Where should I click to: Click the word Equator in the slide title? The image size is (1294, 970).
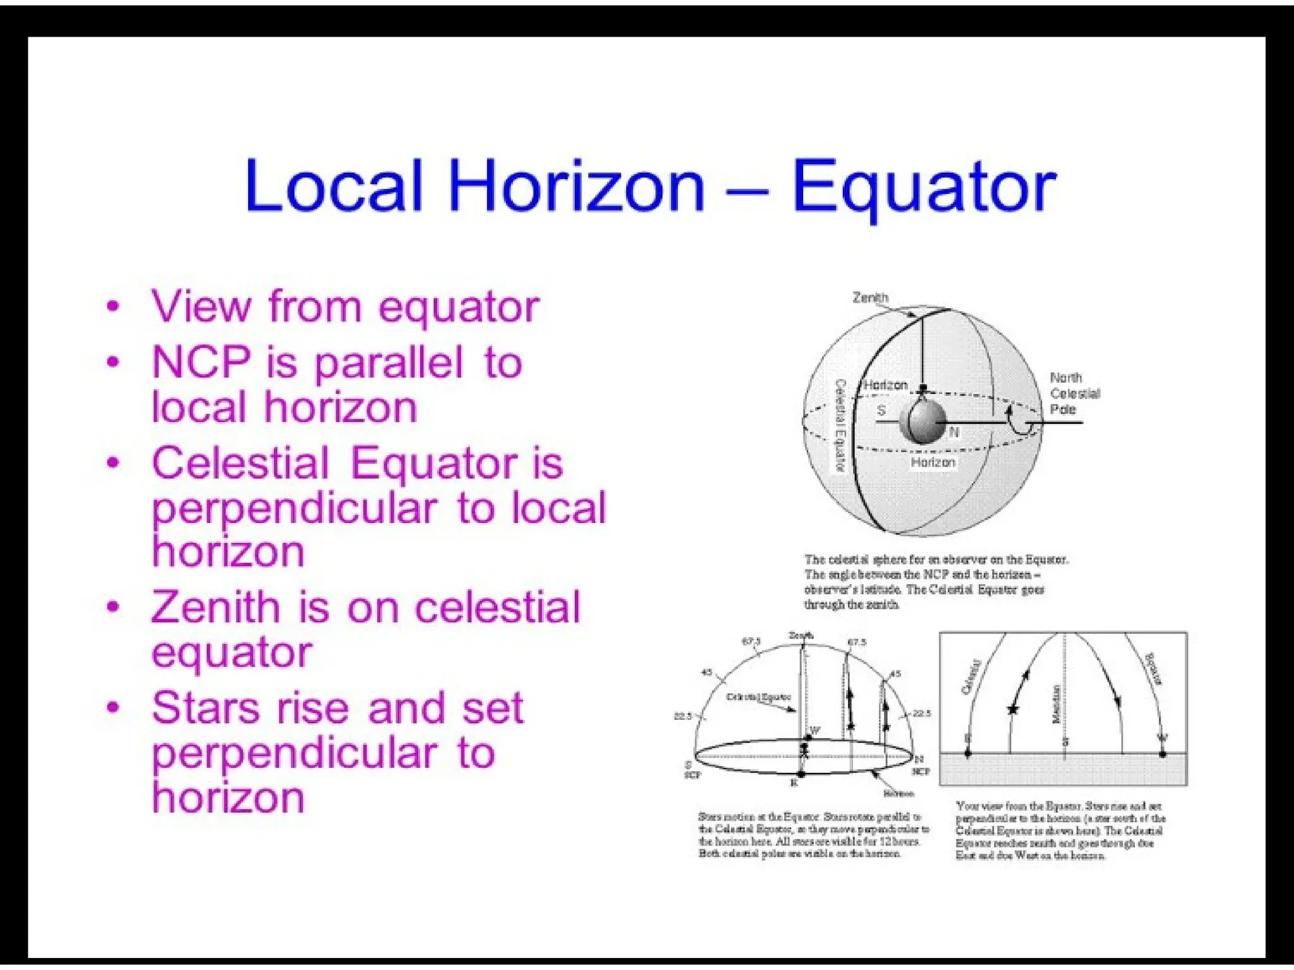tap(923, 186)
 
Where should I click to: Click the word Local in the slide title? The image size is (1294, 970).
tap(334, 186)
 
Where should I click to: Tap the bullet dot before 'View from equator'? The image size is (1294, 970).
tap(113, 307)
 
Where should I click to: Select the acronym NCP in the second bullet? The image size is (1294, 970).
tap(200, 363)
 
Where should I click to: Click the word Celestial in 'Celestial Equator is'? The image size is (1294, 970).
tap(240, 463)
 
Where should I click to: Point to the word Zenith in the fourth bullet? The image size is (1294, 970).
tap(215, 608)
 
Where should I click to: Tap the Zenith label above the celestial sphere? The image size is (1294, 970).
tap(870, 297)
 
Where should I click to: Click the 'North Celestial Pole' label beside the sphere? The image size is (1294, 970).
tap(1074, 393)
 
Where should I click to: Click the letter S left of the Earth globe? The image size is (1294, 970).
tap(881, 410)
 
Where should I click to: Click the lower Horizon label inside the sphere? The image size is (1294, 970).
tap(933, 463)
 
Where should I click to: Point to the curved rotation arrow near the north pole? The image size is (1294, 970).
tap(1019, 423)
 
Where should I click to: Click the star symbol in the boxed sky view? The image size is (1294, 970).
tap(1013, 710)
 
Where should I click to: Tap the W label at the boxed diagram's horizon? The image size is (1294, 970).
tap(1163, 738)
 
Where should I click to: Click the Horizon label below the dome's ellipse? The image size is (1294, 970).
tap(898, 793)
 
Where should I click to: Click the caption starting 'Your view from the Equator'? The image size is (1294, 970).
tap(1060, 831)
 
